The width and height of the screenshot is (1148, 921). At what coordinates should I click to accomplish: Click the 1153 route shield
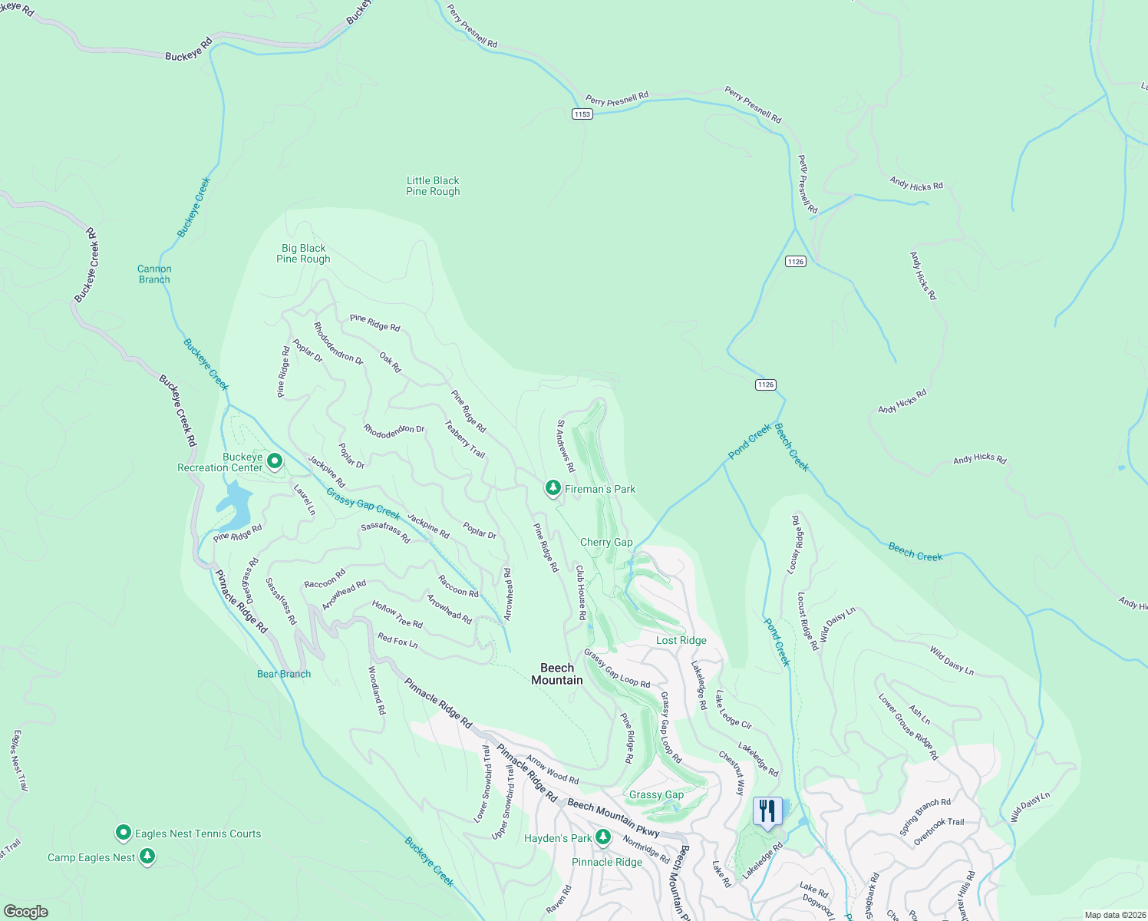click(x=582, y=114)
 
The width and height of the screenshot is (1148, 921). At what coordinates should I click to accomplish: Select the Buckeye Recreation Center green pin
click(x=275, y=461)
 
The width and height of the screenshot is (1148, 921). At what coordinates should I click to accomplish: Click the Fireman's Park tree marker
click(x=553, y=488)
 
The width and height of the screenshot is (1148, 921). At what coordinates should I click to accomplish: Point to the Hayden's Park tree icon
click(x=603, y=837)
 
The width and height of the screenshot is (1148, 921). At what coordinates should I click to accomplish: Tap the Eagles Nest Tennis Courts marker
click(x=123, y=833)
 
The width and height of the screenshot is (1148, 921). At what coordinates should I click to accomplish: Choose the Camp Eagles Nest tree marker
click(x=147, y=857)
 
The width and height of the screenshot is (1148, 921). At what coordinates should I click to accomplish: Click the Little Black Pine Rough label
click(x=433, y=187)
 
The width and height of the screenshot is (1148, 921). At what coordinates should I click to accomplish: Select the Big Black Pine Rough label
click(x=303, y=254)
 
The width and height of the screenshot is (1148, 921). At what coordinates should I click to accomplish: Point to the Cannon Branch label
click(x=154, y=274)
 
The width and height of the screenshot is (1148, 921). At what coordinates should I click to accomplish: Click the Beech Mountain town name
click(x=557, y=674)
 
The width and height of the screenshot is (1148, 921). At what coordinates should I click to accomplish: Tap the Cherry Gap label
click(x=606, y=542)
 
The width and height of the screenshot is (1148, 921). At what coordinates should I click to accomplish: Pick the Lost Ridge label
click(x=681, y=640)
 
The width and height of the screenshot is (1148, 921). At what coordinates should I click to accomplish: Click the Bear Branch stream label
click(x=284, y=674)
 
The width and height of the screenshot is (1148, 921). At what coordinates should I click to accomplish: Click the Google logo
click(x=26, y=911)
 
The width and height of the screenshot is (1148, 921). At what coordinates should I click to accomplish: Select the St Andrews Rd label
click(x=566, y=446)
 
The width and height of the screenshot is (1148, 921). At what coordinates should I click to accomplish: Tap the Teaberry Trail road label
click(x=465, y=439)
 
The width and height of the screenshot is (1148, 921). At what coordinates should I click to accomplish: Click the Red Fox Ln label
click(x=398, y=641)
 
